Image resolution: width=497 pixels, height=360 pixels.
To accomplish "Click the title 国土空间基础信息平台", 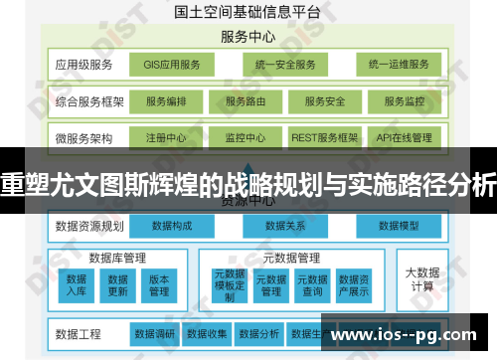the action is click(x=248, y=13).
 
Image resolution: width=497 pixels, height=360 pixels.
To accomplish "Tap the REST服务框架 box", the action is click(x=324, y=137).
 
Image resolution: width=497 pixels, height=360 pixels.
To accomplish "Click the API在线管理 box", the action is click(x=405, y=137).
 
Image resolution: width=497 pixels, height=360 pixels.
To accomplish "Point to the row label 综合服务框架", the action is click(x=88, y=101).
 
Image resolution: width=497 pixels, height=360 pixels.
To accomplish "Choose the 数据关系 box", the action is click(x=284, y=226).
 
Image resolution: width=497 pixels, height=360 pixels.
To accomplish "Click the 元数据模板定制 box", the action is click(x=230, y=284).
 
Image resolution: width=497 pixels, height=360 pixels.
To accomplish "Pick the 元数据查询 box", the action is click(x=311, y=285).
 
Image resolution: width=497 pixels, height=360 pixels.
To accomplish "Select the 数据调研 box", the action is click(x=154, y=332).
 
